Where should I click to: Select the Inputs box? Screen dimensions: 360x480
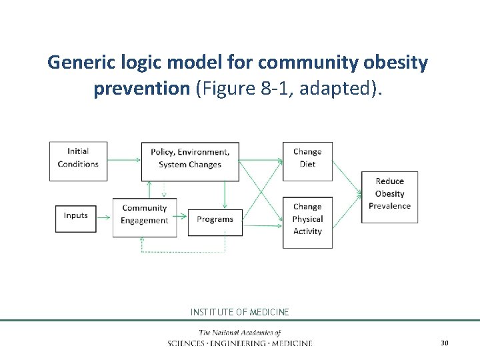click(75, 216)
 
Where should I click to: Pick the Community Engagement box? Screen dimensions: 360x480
click(144, 215)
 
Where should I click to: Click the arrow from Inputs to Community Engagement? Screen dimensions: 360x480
click(104, 216)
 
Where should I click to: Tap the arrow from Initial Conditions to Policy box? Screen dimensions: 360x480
click(124, 159)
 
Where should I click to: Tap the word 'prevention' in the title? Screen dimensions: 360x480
click(141, 89)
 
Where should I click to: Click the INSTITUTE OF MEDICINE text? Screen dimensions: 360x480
click(240, 312)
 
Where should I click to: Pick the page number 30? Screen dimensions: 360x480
click(445, 343)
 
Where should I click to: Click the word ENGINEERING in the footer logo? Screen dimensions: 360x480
click(253, 343)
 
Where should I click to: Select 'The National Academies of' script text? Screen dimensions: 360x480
click(240, 333)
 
